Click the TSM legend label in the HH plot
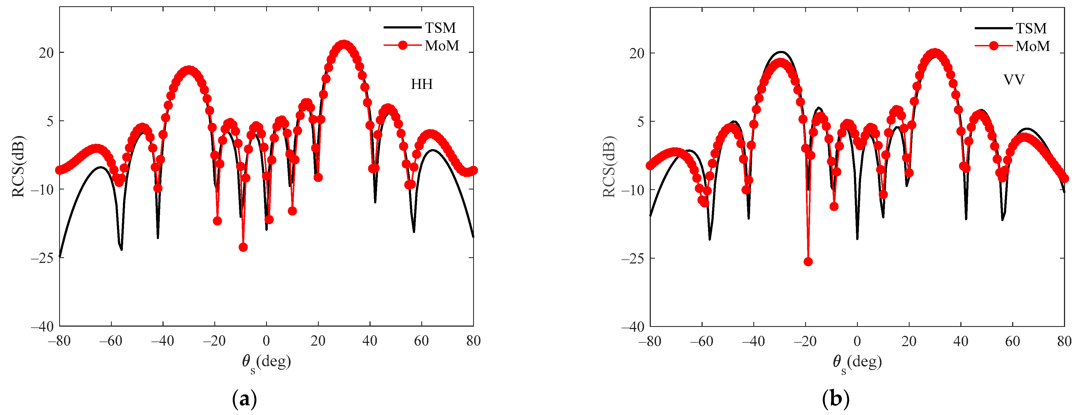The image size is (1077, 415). tap(440, 28)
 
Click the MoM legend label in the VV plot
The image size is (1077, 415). tap(1033, 46)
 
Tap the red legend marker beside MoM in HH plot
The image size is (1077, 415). tap(403, 46)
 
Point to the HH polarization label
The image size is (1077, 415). tap(421, 84)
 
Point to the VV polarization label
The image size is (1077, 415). tap(1014, 80)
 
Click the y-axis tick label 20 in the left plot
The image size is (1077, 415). tap(46, 53)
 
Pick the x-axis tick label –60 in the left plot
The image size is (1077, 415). tap(111, 341)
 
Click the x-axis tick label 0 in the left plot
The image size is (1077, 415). tap(266, 341)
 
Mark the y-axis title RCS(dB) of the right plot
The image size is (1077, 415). tap(609, 167)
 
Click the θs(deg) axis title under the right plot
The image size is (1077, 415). tap(857, 362)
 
